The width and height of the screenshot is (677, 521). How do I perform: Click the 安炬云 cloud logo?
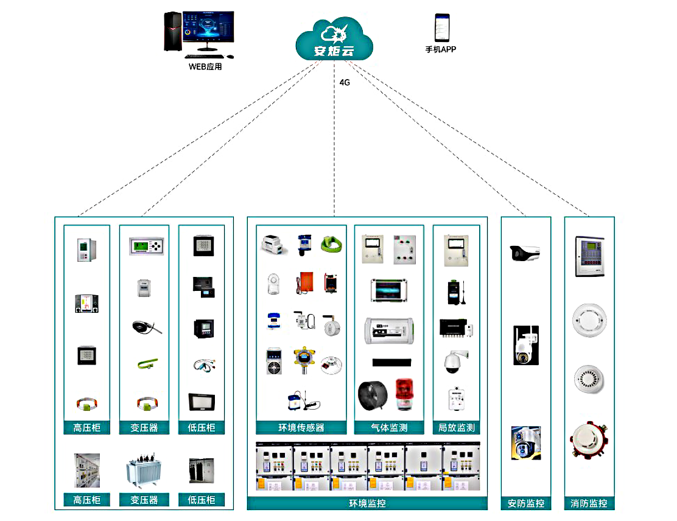point(334,40)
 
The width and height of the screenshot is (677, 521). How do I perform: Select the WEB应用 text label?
point(205,66)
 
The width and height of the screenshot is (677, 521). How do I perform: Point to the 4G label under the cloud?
point(345,82)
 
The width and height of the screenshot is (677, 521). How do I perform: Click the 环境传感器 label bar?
point(301,428)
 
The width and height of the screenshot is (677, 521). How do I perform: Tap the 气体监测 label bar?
point(388,428)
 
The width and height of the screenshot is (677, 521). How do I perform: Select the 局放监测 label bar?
point(456,428)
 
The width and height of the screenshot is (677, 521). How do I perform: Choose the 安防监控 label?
point(525,503)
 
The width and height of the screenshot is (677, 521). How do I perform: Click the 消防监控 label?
point(589,503)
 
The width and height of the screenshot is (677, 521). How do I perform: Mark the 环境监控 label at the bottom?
point(367,503)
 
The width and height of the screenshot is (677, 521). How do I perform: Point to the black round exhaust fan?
point(372,394)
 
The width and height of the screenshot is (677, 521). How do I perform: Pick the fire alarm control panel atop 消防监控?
point(589,256)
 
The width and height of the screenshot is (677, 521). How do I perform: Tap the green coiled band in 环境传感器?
point(329,243)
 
